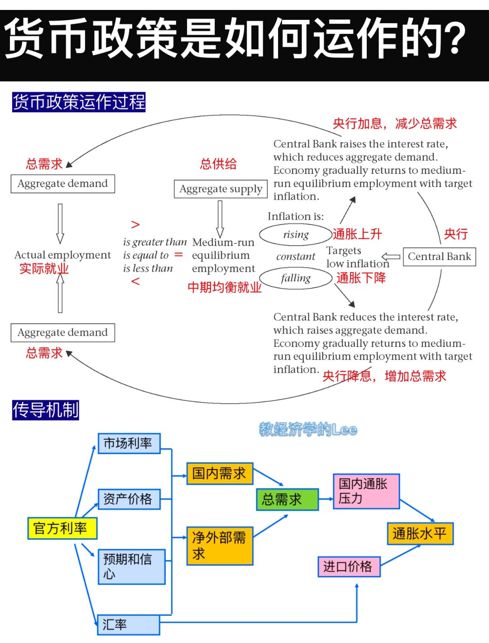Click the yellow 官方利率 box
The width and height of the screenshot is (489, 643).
62,528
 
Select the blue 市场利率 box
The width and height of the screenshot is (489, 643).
129,443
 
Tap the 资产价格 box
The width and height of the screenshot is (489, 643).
129,499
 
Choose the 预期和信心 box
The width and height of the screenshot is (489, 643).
131,566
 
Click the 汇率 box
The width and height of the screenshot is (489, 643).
129,624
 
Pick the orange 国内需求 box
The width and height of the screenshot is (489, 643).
220,474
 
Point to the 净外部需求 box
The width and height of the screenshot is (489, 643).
220,546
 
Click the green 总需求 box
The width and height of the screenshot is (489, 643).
287,499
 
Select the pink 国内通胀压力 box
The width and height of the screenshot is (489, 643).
366,491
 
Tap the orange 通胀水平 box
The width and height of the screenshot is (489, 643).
420,533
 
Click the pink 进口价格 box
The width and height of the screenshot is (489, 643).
349,566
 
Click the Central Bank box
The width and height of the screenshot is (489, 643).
439,257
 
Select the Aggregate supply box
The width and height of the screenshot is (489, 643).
221,189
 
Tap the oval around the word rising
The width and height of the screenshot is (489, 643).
295,235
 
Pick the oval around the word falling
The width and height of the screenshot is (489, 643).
296,278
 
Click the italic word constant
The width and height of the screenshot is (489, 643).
296,256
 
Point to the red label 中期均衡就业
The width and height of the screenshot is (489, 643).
225,287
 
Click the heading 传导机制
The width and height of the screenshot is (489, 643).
46,410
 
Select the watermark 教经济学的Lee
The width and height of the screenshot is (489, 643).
308,429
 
